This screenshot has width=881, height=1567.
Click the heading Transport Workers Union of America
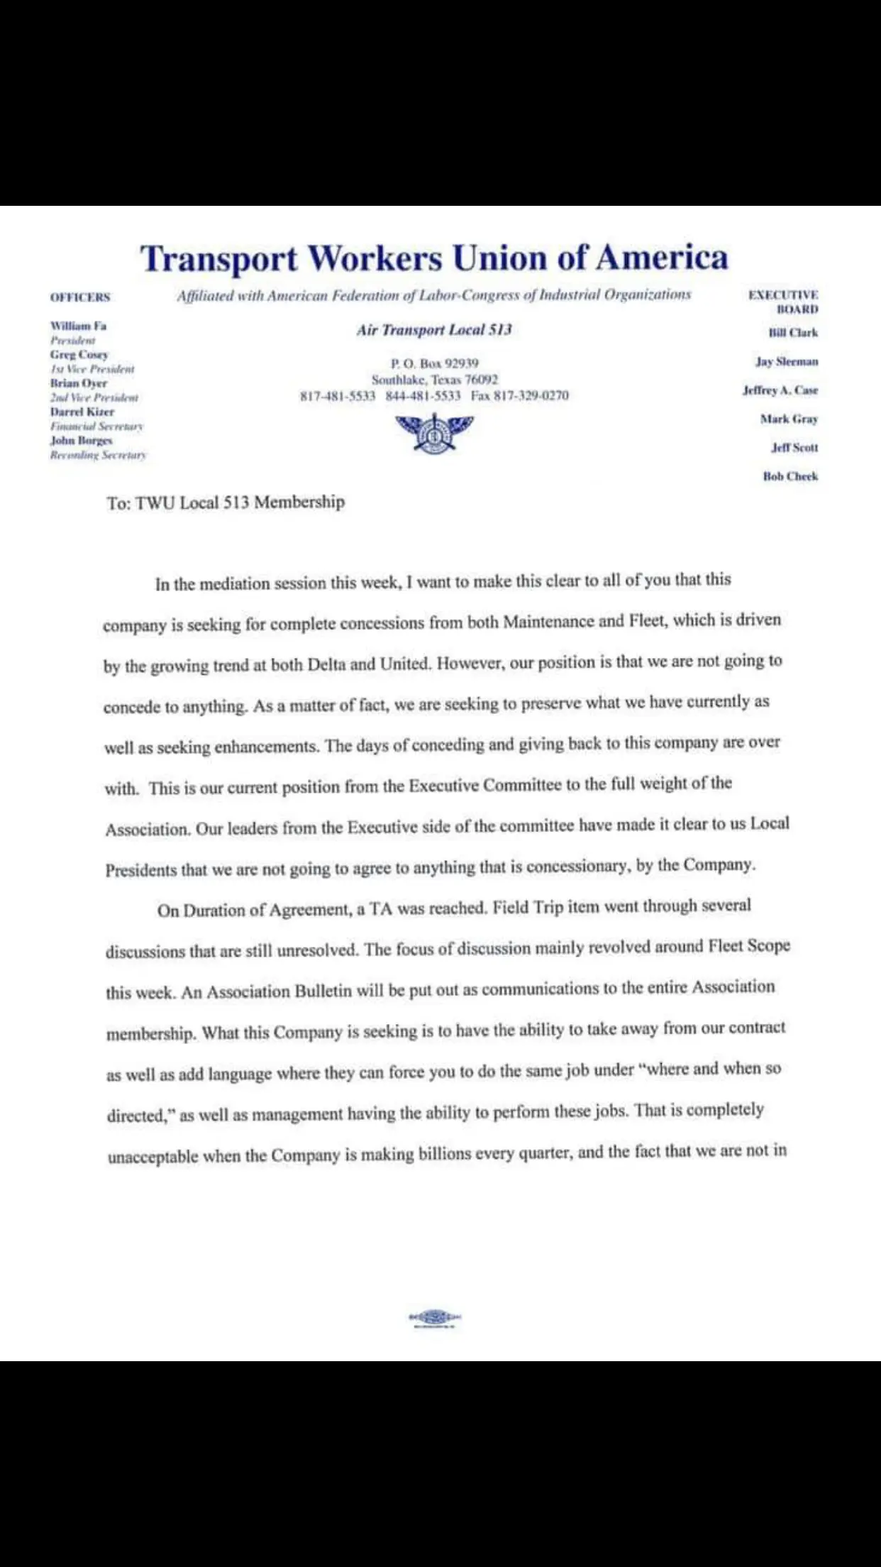tap(434, 258)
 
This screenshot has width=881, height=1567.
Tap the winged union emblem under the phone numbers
tap(434, 431)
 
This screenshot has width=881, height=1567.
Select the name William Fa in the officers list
tap(78, 326)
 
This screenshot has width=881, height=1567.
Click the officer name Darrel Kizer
tap(82, 412)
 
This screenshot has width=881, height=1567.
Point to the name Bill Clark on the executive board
tap(793, 332)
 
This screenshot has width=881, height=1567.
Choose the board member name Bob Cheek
tap(790, 476)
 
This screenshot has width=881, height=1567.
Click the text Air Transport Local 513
tap(434, 330)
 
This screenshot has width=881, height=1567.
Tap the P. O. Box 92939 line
tap(434, 363)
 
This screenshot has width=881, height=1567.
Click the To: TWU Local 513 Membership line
tap(226, 502)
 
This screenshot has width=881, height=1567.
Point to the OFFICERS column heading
tap(80, 297)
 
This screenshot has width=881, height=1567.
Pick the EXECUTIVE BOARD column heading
tap(784, 302)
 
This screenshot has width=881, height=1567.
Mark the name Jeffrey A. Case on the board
tap(780, 390)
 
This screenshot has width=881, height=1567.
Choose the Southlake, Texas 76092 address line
tap(434, 380)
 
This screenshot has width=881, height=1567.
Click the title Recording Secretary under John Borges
tap(98, 455)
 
